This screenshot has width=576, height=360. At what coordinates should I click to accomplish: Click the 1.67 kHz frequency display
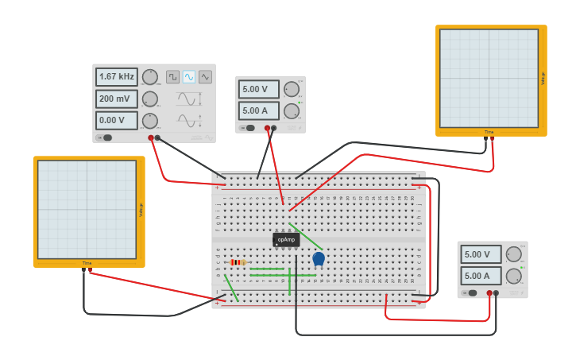(x=116, y=77)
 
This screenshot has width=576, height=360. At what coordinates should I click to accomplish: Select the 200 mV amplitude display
(x=116, y=99)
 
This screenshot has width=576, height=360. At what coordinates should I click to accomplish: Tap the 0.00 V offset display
(x=116, y=121)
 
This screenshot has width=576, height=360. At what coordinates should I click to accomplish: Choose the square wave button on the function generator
(x=172, y=77)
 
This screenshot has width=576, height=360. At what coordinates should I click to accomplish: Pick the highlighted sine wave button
(x=189, y=77)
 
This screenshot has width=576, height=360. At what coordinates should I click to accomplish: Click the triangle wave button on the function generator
(x=205, y=77)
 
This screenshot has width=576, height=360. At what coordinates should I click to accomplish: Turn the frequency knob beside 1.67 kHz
(x=149, y=77)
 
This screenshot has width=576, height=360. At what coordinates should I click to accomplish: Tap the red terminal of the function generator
(x=151, y=137)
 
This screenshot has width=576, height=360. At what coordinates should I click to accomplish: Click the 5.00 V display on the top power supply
(x=259, y=89)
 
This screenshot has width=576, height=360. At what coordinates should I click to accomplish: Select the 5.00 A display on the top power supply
(x=259, y=110)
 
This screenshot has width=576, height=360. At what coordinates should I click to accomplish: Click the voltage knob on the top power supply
(x=292, y=89)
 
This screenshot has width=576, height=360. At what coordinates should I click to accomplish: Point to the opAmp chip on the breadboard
(x=286, y=239)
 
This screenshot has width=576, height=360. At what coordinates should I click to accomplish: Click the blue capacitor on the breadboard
(x=319, y=258)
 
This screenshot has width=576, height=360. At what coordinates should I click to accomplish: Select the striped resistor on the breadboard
(x=238, y=262)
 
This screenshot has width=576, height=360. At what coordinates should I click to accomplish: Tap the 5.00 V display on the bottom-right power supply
(x=481, y=254)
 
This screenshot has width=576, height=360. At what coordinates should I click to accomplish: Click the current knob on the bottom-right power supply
(x=514, y=276)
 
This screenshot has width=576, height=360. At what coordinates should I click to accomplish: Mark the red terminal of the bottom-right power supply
(x=489, y=293)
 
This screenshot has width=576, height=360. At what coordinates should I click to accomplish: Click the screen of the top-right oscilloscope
(x=489, y=78)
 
